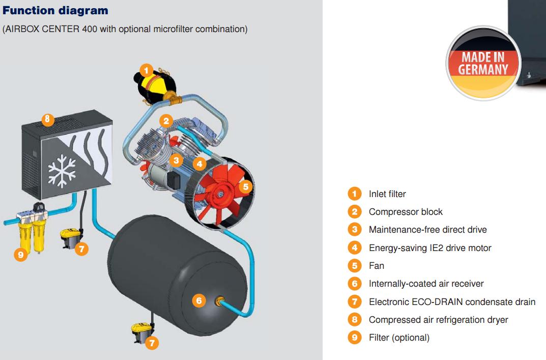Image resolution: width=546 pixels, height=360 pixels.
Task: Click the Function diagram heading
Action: [x=55, y=10]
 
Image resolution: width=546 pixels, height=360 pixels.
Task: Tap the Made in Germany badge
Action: [x=483, y=63]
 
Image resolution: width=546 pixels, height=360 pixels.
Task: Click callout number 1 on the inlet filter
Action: [x=146, y=70]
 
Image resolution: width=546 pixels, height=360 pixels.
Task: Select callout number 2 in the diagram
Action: [x=166, y=121]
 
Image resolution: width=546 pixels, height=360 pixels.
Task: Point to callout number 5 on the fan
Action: [x=246, y=186]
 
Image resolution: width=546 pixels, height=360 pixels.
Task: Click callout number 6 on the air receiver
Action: [x=199, y=300]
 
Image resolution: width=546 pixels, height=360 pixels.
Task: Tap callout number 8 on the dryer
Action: [x=47, y=120]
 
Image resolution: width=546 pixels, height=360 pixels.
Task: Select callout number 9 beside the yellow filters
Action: [x=20, y=255]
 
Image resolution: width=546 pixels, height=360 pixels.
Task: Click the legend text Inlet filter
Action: [x=387, y=194]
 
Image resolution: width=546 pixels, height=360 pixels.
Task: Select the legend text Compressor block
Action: [x=406, y=212]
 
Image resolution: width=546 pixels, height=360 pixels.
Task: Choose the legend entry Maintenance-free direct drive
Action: [x=427, y=230]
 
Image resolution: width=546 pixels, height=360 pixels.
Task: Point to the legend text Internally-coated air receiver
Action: [x=426, y=284]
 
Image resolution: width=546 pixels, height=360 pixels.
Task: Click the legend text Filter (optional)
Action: [x=399, y=338]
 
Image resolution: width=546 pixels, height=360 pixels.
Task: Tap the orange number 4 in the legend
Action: [x=354, y=248]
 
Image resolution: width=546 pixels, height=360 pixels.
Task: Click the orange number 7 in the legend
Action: [x=354, y=302]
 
